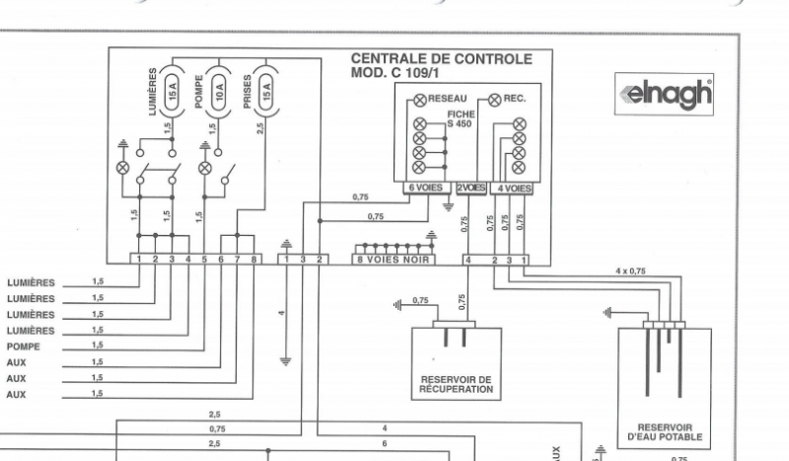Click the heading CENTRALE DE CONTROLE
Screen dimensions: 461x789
click(441, 59)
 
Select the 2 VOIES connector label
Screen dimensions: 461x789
click(470, 186)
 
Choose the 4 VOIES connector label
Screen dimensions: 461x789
click(513, 186)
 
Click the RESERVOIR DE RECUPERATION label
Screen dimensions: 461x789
click(455, 383)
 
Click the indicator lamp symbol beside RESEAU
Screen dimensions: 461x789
click(420, 99)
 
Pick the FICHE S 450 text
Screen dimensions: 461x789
click(460, 119)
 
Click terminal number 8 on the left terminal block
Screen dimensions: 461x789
click(253, 260)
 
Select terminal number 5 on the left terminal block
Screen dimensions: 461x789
click(204, 260)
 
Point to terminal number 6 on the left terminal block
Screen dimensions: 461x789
click(221, 260)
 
